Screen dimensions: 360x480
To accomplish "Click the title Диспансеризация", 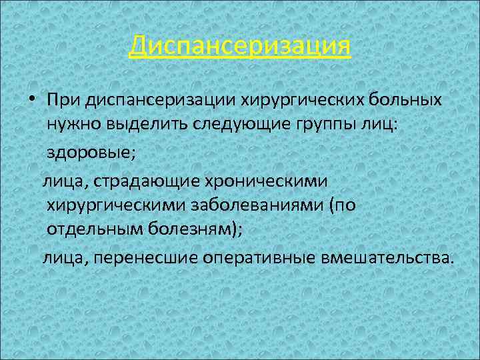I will coord(240,47).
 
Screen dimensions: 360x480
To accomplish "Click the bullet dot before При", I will coord(31,100).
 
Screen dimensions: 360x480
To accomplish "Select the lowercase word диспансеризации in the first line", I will coord(143,100).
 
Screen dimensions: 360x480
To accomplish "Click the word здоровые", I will coord(91,153).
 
